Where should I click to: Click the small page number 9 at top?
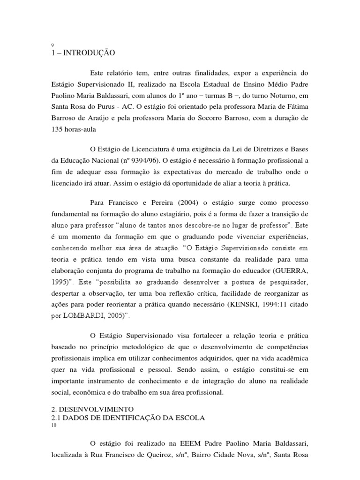52,45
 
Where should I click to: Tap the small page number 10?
53,425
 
